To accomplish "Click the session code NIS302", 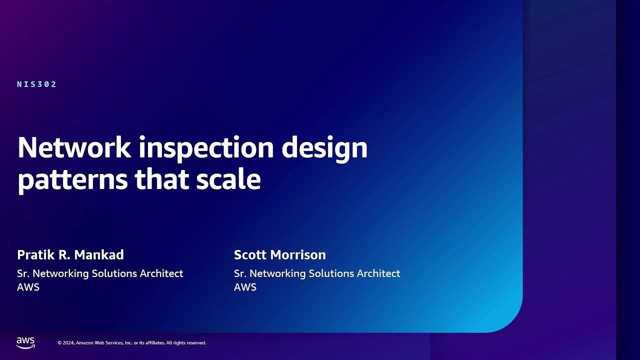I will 37,84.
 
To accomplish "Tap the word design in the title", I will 324,148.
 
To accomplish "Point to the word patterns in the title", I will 72,180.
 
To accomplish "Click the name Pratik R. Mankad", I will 70,255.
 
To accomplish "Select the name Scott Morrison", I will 279,255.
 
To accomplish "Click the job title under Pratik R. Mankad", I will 100,273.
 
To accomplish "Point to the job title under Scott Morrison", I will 317,273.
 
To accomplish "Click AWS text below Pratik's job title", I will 28,287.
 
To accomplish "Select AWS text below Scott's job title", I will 245,287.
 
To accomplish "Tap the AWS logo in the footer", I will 25,342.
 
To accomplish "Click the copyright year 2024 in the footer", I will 69,343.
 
